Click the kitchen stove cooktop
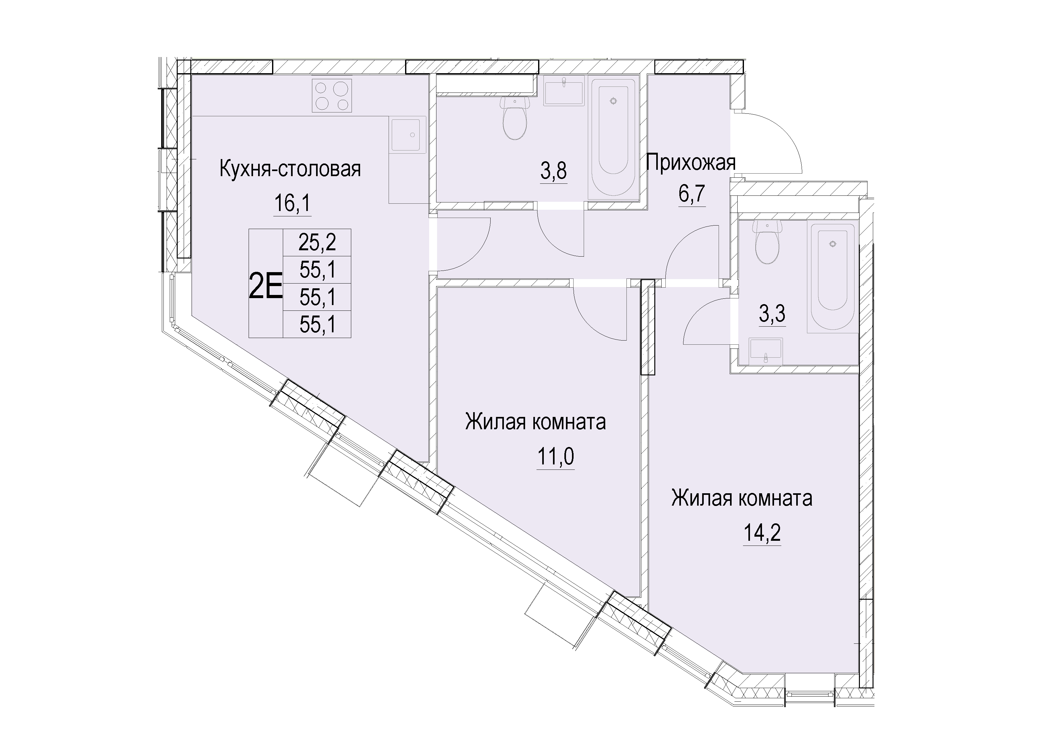[x=332, y=95]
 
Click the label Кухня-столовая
[x=290, y=169]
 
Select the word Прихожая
[x=691, y=162]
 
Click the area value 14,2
[x=762, y=532]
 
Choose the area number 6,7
[x=692, y=194]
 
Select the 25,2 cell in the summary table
[x=317, y=242]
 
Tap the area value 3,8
[x=554, y=172]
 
